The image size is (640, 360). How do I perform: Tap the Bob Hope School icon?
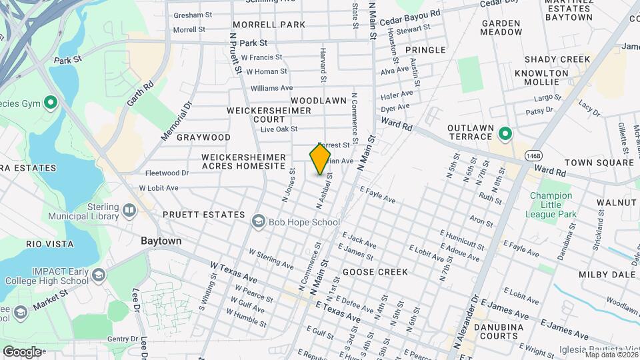tap(258, 221)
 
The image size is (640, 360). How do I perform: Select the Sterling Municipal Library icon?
tap(129, 211)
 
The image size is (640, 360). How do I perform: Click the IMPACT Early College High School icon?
tap(98, 275)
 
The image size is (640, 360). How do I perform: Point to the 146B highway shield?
tap(533, 155)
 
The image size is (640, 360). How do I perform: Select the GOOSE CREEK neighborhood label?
tap(375, 272)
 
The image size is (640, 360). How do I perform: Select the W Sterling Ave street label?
tap(271, 260)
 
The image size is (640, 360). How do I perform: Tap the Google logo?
tap(22, 351)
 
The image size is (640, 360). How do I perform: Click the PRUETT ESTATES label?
tap(204, 215)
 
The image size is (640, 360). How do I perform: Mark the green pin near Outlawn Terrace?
tap(505, 134)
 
